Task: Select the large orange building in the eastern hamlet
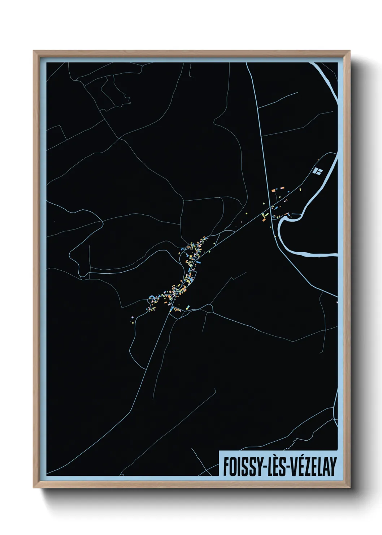273,189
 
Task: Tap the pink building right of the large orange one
283,188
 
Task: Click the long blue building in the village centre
188,270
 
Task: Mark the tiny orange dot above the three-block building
318,159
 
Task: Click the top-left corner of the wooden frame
34,51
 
